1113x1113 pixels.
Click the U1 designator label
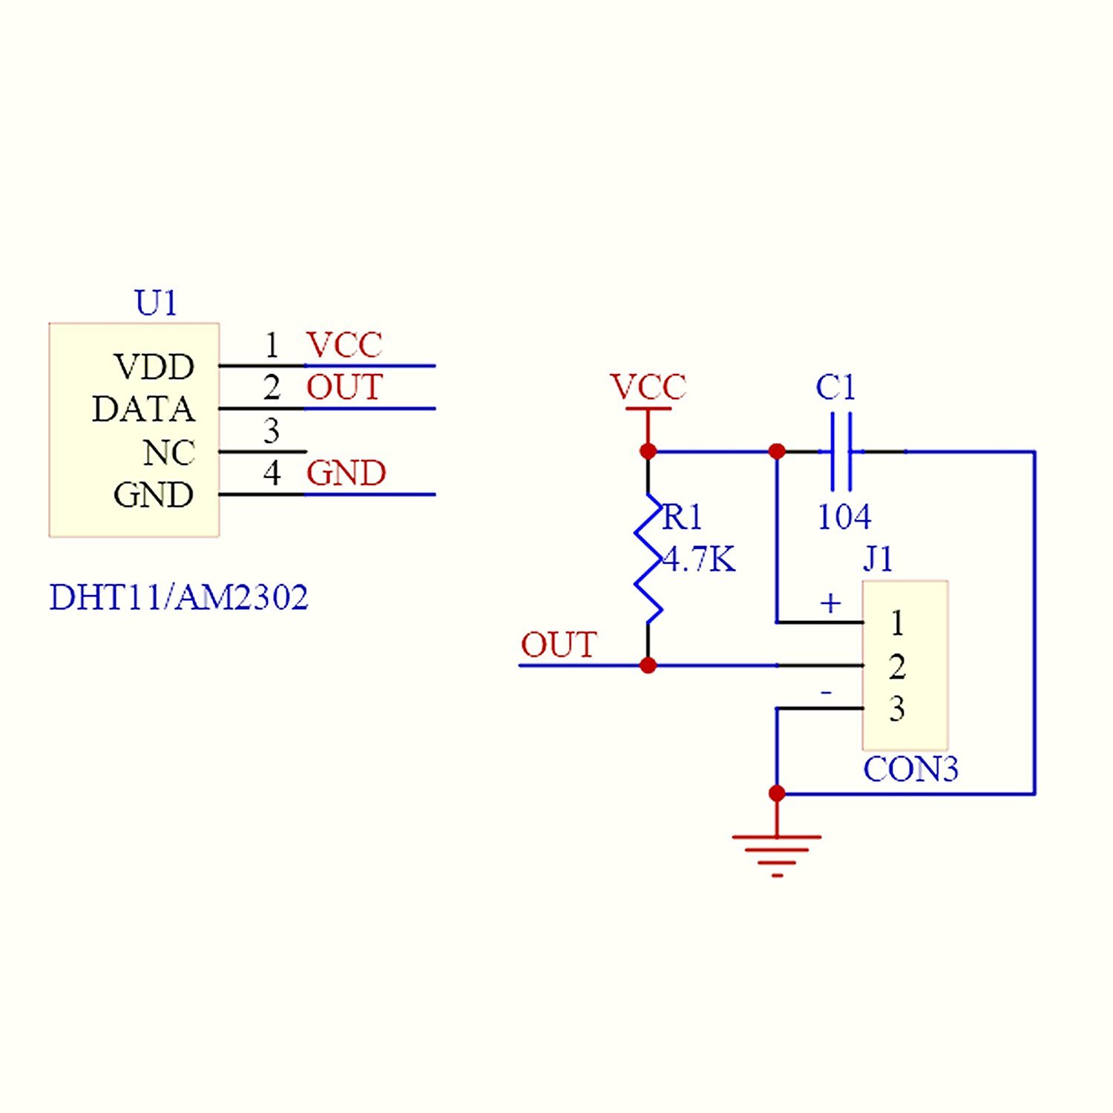[156, 303]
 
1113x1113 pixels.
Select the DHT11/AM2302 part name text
[179, 597]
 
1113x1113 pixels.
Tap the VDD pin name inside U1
[154, 367]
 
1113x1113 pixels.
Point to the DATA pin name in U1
[143, 410]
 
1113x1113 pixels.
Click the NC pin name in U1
[169, 453]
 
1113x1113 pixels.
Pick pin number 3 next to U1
[272, 431]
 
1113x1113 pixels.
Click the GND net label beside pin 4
[347, 473]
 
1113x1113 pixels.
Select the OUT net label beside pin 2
[345, 387]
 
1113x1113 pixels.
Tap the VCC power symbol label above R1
[648, 387]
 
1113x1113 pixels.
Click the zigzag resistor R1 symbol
[648, 558]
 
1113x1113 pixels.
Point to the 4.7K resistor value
[700, 559]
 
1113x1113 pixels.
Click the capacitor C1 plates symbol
[841, 451]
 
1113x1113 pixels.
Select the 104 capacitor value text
[844, 517]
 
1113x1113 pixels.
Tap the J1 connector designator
[879, 559]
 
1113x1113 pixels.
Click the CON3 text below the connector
[910, 769]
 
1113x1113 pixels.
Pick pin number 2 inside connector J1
[897, 666]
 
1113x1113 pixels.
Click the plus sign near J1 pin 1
[830, 603]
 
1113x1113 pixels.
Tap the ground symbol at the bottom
[777, 853]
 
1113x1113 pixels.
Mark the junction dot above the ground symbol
[777, 793]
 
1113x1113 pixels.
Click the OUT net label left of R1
[559, 645]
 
